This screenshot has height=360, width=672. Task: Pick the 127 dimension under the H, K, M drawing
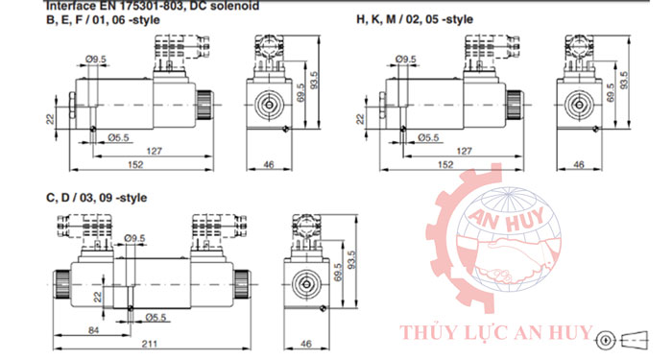point(465,151)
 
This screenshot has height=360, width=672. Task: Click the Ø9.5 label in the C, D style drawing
point(134,235)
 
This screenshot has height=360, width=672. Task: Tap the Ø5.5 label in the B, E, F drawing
point(117,137)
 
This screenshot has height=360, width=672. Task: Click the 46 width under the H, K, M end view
point(578,165)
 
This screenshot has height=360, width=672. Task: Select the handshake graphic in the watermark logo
point(519,259)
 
